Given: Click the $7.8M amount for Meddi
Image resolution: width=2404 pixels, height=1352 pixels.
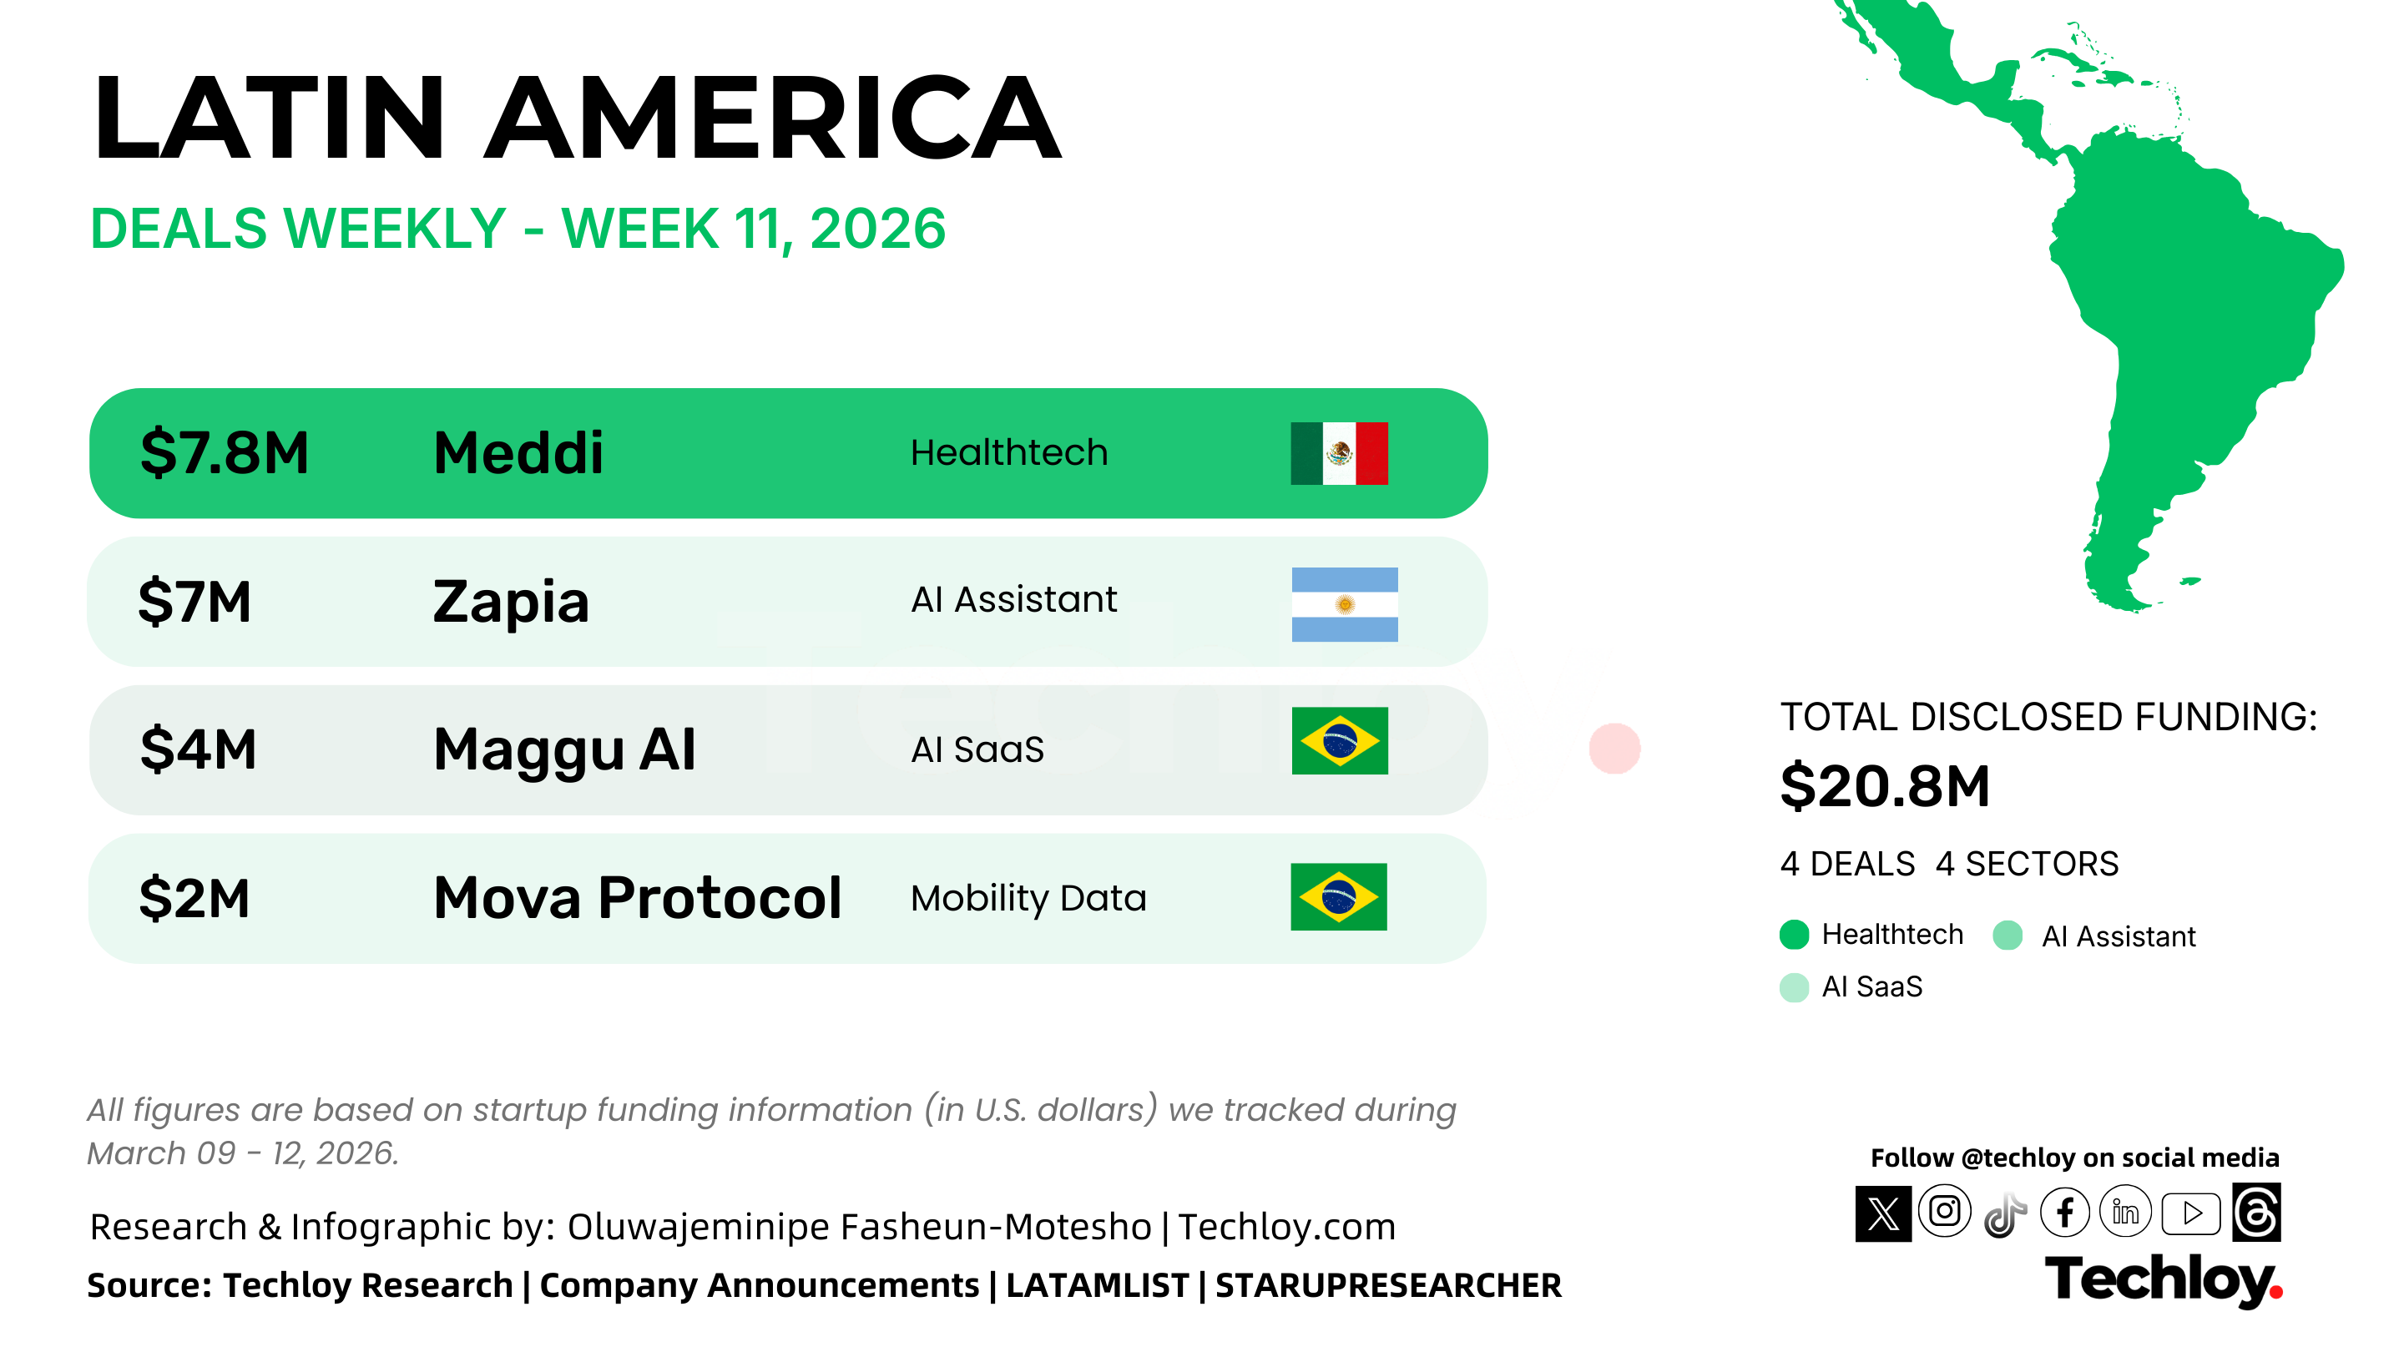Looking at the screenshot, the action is [x=224, y=453].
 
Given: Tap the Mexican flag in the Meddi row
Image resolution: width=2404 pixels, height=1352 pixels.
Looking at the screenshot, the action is [x=1339, y=453].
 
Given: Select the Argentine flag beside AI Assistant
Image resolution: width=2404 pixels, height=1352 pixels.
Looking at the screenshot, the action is [x=1345, y=604].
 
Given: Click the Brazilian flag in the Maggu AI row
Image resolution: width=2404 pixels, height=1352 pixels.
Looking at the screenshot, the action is [x=1340, y=741].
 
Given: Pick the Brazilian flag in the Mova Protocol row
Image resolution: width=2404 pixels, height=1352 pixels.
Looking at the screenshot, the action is [x=1339, y=896].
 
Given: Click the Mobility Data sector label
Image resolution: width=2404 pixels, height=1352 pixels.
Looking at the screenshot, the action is [x=1028, y=899].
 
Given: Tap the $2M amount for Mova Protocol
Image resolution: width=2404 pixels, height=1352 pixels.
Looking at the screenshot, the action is [x=194, y=899].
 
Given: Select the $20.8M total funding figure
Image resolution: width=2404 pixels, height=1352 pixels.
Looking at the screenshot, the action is [x=1885, y=786].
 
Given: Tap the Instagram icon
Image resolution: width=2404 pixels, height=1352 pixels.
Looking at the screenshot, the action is [x=1945, y=1212].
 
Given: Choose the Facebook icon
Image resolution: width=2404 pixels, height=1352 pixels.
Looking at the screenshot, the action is [x=2065, y=1213].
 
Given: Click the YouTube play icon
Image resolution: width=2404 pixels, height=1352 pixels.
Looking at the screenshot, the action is [x=2191, y=1213].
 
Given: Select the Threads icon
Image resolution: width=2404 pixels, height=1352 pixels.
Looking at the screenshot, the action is [x=2256, y=1213].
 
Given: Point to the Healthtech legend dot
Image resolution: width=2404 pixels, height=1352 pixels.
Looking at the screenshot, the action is [x=1795, y=935].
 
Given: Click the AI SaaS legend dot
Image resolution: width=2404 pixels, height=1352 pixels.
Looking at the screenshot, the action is [x=1795, y=987].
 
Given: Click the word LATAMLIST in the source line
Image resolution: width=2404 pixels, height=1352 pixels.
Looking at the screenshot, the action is [x=1098, y=1286].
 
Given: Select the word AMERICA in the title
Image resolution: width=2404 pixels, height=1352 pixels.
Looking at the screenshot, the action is [x=773, y=119].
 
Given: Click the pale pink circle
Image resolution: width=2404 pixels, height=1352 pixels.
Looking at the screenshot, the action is [x=1614, y=749].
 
